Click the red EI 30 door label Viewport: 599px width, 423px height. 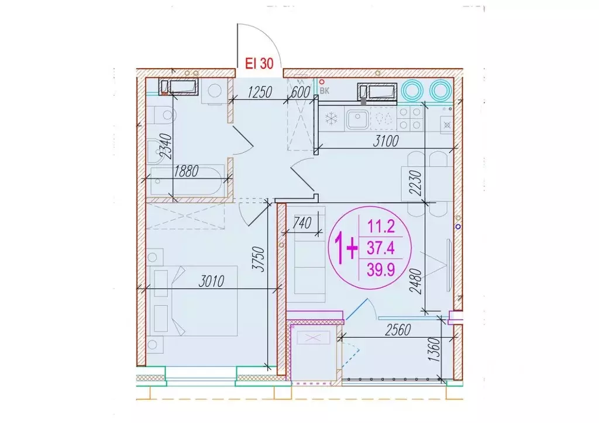[x=259, y=63]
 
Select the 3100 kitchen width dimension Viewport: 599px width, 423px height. [x=385, y=141]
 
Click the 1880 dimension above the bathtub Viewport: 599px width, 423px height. [x=186, y=171]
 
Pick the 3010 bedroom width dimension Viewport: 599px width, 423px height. [x=211, y=282]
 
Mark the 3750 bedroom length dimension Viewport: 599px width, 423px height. [x=259, y=259]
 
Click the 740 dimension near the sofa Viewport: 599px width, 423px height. [x=302, y=223]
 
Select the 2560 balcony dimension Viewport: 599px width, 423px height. [x=398, y=330]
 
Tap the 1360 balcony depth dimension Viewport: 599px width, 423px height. [x=434, y=351]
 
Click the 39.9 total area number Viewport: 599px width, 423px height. [x=381, y=270]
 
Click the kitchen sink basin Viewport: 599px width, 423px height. [x=357, y=119]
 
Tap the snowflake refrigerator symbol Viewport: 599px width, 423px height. [x=331, y=119]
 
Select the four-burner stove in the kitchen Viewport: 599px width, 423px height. [x=410, y=119]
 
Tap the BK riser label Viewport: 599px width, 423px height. [x=324, y=91]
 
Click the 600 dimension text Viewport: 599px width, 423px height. [x=300, y=92]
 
